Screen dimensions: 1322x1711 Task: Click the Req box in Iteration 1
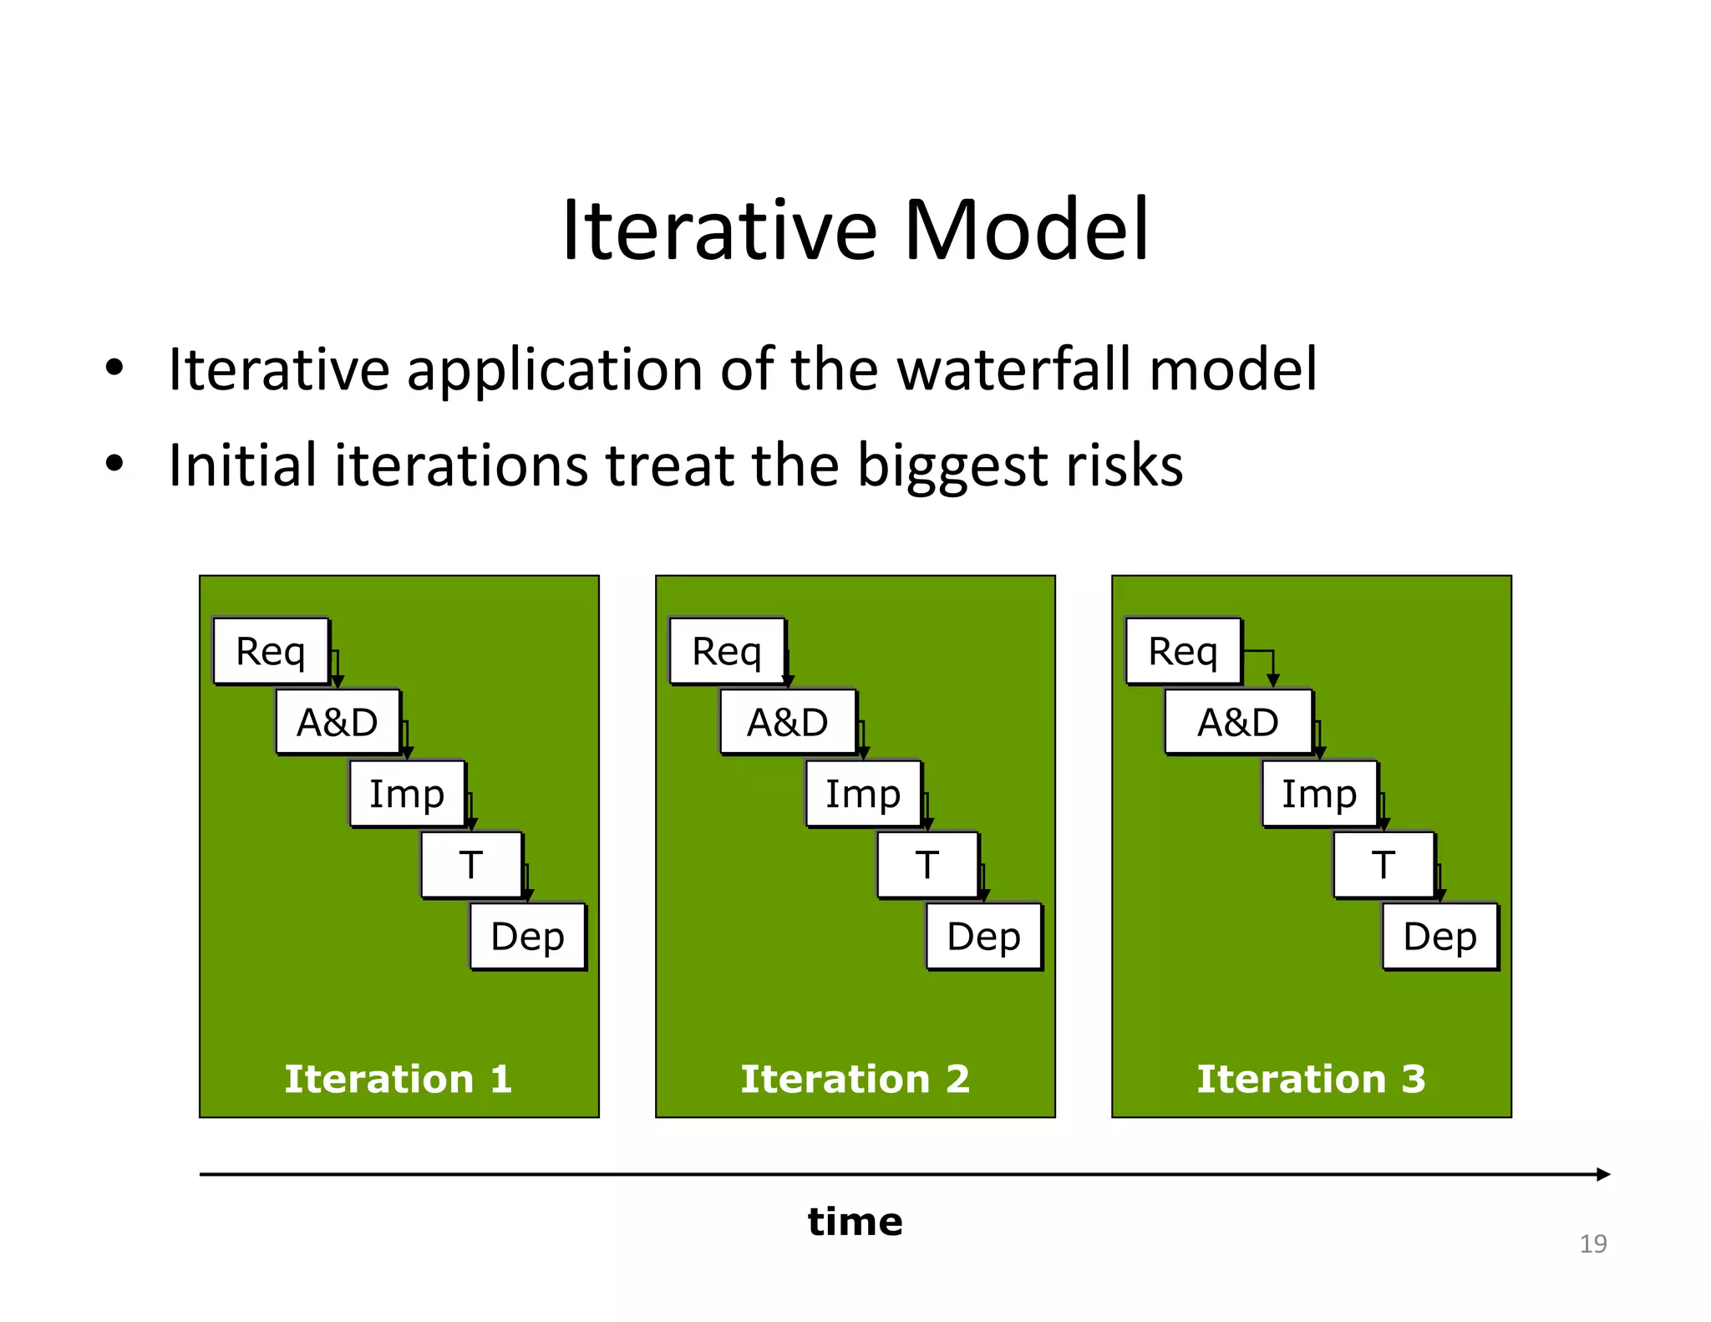pyautogui.click(x=271, y=651)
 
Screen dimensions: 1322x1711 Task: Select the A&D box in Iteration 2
pyautogui.click(x=788, y=722)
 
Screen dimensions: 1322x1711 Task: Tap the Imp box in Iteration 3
pyautogui.click(x=1319, y=793)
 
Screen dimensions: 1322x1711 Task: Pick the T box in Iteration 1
pyautogui.click(x=471, y=865)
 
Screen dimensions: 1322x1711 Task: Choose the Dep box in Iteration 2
pyautogui.click(x=984, y=936)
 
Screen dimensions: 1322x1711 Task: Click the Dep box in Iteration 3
pyautogui.click(x=1440, y=936)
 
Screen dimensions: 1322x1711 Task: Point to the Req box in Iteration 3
pyautogui.click(x=1183, y=651)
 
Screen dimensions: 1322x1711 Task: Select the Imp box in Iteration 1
pyautogui.click(x=407, y=793)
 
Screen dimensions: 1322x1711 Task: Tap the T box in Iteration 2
pyautogui.click(x=927, y=865)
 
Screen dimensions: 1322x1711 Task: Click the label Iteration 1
pyautogui.click(x=399, y=1079)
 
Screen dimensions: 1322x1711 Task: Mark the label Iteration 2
pyautogui.click(x=855, y=1079)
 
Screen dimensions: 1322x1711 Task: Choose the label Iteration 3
pyautogui.click(x=1312, y=1079)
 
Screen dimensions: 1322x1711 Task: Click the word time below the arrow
pyautogui.click(x=855, y=1222)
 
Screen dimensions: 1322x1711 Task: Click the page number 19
pyautogui.click(x=1593, y=1244)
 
